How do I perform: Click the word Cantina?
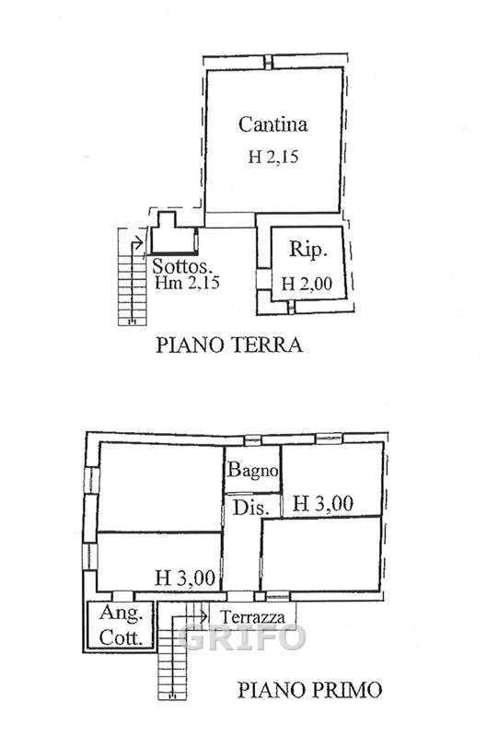tap(272, 124)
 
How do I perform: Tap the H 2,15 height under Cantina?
tap(272, 157)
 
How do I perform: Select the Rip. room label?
tap(307, 249)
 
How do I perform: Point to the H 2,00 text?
tap(307, 284)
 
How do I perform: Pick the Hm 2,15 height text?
tap(187, 283)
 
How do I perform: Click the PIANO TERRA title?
tap(229, 345)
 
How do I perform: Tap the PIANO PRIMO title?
tap(309, 690)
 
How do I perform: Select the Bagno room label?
tap(252, 470)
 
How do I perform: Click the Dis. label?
tap(251, 509)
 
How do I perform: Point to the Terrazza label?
tap(252, 617)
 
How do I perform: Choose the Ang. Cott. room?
tap(121, 626)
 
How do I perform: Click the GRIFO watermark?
tap(242, 638)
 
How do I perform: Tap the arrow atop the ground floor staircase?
tap(137, 242)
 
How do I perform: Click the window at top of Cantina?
tap(268, 62)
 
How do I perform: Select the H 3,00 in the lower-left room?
tap(185, 578)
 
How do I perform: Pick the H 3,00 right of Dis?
tap(322, 504)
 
